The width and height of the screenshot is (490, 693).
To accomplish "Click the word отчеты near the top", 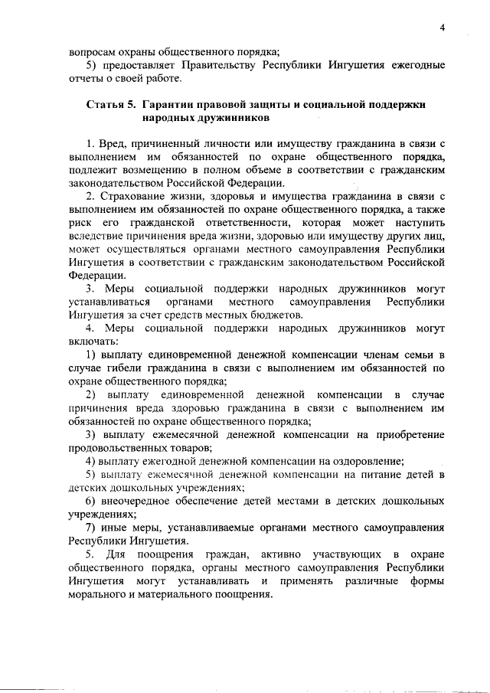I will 85,78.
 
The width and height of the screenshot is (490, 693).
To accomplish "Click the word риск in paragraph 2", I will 80,223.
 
